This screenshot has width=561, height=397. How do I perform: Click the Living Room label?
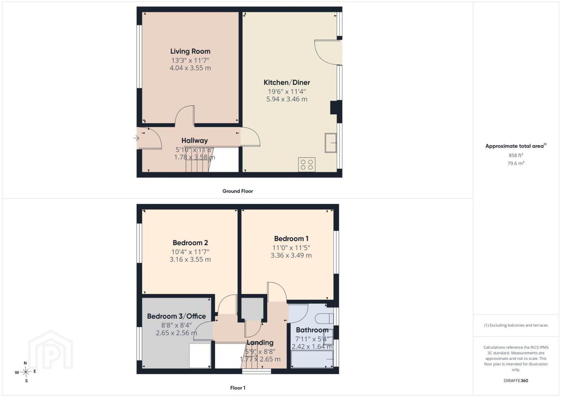tap(190, 51)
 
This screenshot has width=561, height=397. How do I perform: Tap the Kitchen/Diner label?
tap(287, 82)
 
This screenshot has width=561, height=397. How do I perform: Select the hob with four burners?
tap(307, 165)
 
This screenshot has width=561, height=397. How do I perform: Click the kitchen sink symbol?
tap(330, 143)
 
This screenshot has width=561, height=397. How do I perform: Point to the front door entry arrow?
tap(136, 138)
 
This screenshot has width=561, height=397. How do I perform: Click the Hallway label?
tap(194, 140)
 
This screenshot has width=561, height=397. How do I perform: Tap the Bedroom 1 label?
tap(291, 239)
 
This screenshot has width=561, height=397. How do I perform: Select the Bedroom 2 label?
tap(190, 243)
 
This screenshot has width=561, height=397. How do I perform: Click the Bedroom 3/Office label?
tap(176, 316)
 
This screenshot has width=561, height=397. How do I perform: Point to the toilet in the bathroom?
tap(324, 319)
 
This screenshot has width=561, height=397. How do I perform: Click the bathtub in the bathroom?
tap(312, 359)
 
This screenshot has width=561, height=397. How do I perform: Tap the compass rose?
tap(25, 372)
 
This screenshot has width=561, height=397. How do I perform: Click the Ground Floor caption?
tap(238, 191)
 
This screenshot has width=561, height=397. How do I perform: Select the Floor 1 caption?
tap(238, 388)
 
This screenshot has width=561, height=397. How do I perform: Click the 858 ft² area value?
tap(516, 155)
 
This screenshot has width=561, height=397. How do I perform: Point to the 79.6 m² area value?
tap(516, 163)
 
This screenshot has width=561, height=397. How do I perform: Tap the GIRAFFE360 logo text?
tap(516, 380)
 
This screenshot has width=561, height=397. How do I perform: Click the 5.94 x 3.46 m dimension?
tap(287, 99)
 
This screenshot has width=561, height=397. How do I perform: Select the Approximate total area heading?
tap(516, 146)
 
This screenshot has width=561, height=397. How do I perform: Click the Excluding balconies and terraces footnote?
tap(516, 325)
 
